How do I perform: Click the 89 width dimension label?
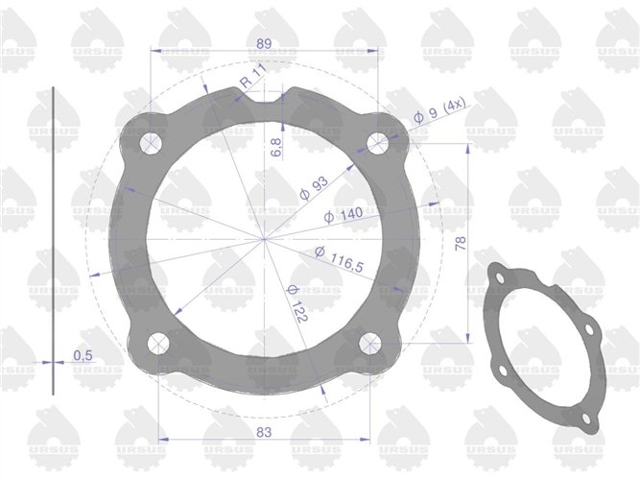pos(264,44)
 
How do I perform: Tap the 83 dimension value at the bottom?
pos(264,432)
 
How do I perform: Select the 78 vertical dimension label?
pos(461,244)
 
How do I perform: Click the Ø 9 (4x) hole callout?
pos(439,110)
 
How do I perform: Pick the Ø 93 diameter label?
pos(314,188)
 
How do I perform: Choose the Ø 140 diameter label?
pos(344,215)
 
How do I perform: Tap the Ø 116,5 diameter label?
pos(339,259)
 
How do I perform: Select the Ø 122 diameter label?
pos(296,303)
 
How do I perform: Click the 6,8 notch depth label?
pos(276,147)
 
